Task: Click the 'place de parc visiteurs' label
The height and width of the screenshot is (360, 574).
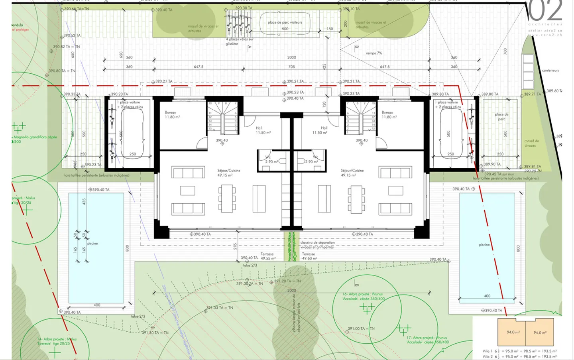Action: pyautogui.click(x=285, y=23)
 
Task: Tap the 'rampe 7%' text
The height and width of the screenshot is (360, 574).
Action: pyautogui.click(x=373, y=53)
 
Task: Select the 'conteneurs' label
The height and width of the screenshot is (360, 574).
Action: pyautogui.click(x=550, y=71)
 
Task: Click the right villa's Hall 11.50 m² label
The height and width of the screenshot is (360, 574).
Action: pyautogui.click(x=320, y=130)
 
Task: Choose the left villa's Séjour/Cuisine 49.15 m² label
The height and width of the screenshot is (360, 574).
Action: pyautogui.click(x=228, y=173)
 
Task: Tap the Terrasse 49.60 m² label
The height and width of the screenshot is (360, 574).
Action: pyautogui.click(x=309, y=256)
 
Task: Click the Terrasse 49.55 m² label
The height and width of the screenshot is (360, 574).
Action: pyautogui.click(x=267, y=256)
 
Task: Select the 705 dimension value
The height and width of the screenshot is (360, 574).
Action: pyautogui.click(x=291, y=67)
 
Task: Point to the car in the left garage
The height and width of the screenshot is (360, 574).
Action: pyautogui.click(x=132, y=134)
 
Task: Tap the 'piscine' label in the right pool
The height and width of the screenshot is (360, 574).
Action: pyautogui.click(x=484, y=245)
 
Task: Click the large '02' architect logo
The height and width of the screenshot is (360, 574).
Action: pyautogui.click(x=545, y=11)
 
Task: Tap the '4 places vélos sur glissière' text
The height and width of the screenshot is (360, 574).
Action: pyautogui.click(x=239, y=41)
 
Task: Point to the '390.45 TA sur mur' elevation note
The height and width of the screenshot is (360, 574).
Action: pyautogui.click(x=499, y=174)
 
